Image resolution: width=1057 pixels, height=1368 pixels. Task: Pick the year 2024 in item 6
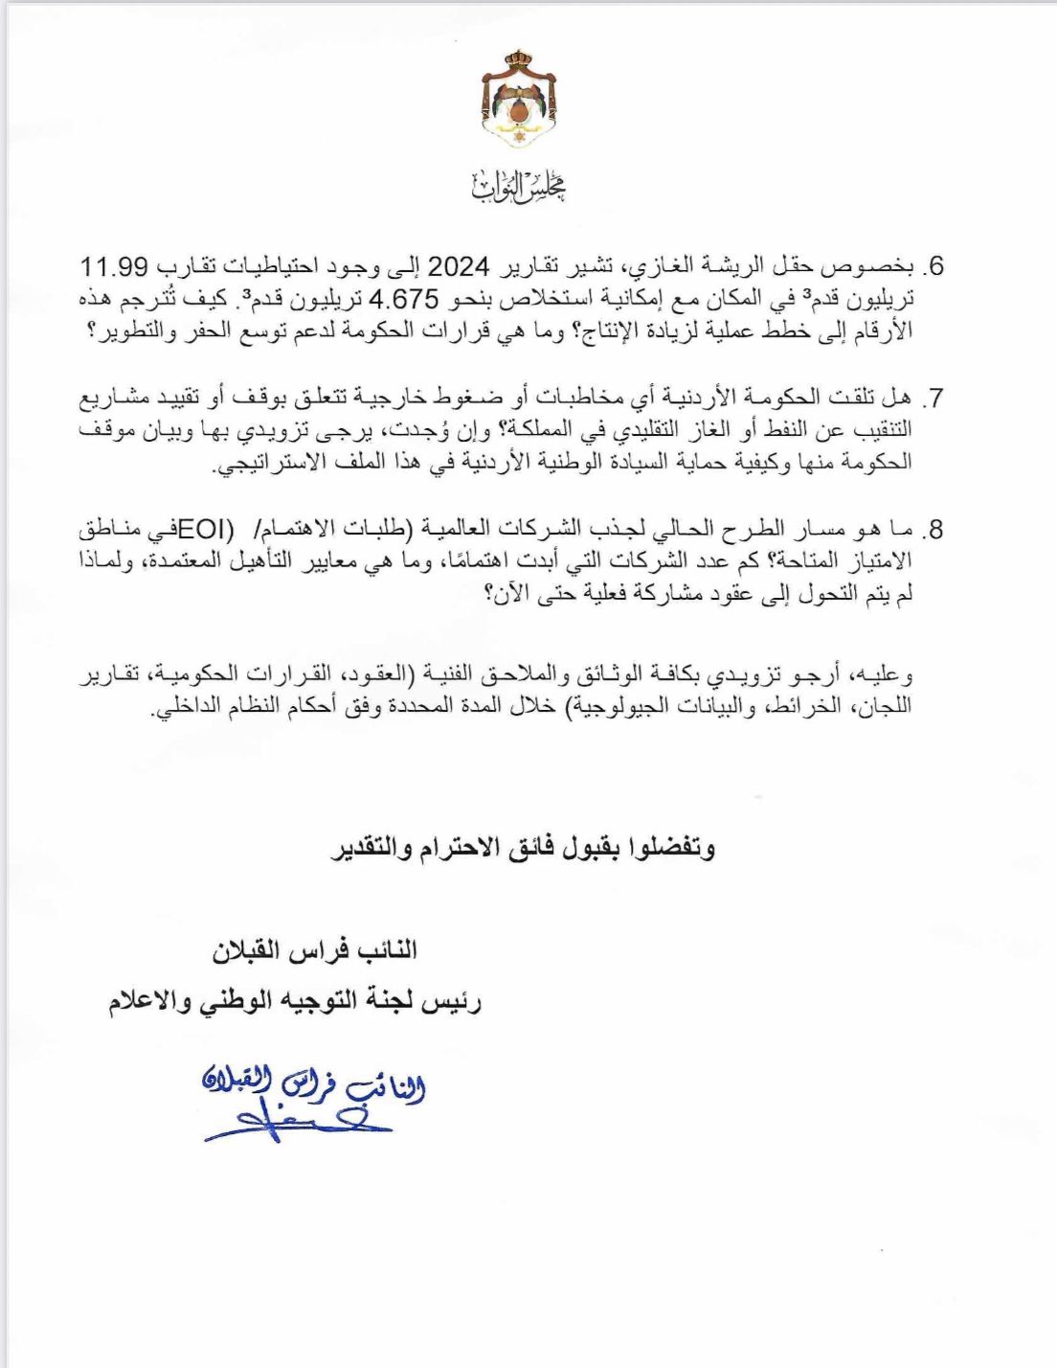tap(459, 265)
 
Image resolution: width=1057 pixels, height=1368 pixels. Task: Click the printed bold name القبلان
tap(251, 951)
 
